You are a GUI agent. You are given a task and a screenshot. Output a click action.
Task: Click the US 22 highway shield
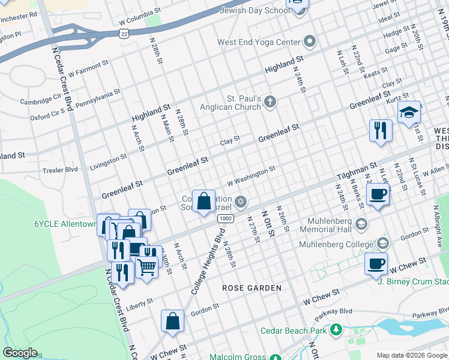click(123, 34)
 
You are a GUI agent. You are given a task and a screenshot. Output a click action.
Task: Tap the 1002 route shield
click(226, 218)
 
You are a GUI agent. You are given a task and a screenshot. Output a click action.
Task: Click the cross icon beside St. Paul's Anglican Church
click(270, 101)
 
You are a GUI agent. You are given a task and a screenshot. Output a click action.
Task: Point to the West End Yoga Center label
click(259, 42)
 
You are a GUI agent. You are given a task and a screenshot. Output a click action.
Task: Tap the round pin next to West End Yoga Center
click(310, 41)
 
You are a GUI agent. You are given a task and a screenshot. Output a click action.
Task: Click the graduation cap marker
click(409, 113)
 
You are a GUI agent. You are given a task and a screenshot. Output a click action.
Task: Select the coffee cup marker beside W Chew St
click(376, 263)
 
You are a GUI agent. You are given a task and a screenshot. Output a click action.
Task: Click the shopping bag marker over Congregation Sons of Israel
click(204, 200)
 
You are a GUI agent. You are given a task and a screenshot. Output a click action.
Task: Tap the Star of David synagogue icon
click(241, 200)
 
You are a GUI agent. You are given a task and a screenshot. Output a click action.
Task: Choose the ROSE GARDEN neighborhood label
click(252, 288)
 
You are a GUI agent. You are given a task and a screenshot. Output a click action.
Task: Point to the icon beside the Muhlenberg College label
click(383, 244)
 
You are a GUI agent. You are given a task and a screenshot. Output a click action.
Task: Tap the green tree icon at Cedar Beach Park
click(336, 331)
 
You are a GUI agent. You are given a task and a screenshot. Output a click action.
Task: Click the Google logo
click(20, 353)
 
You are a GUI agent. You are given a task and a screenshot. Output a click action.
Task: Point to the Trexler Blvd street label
click(60, 170)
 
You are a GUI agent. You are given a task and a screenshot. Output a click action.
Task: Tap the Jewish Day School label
click(255, 10)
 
